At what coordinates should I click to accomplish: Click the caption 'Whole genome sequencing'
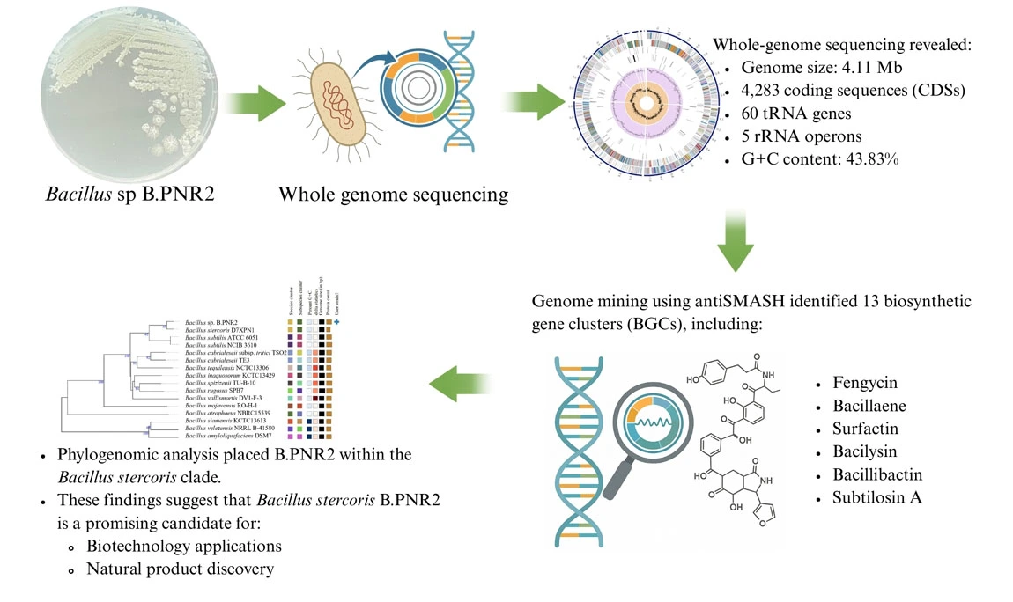click(393, 194)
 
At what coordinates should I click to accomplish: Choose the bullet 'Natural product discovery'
click(180, 569)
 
